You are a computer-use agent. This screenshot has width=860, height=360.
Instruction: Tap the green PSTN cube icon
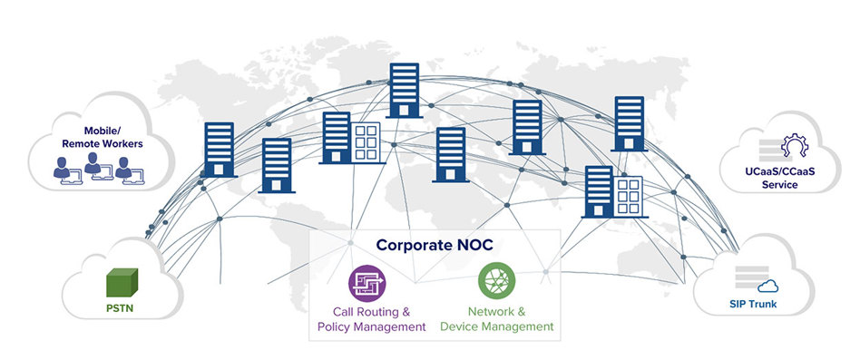coord(121,284)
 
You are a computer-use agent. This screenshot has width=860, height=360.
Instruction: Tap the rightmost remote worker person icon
coord(123,169)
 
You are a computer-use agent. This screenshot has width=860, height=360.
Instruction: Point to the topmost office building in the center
coord(403,90)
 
